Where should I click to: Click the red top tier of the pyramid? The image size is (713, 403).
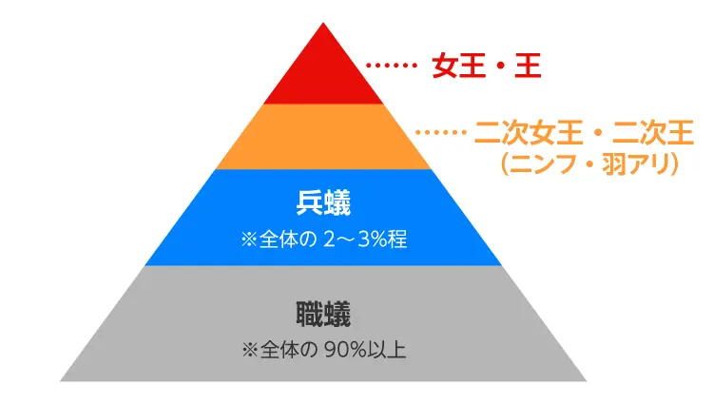tap(323, 73)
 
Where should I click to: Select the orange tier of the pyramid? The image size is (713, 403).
tap(323, 137)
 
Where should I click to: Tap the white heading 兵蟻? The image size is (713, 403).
tap(323, 202)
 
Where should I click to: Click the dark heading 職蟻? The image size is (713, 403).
tap(323, 315)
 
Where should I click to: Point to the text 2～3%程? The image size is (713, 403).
tap(365, 240)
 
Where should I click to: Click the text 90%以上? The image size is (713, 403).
tap(365, 350)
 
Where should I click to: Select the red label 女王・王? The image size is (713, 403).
tap(487, 66)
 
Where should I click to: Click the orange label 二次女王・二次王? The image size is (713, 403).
tap(584, 132)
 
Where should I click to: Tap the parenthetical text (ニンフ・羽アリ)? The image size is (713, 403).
tap(589, 164)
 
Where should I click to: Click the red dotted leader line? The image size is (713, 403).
tap(392, 66)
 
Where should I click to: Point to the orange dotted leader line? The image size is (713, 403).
tap(441, 132)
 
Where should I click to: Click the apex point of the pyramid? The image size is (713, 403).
tap(323, 22)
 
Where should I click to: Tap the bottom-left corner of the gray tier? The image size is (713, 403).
tap(61, 381)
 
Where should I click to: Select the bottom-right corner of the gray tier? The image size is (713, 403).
tap(587, 381)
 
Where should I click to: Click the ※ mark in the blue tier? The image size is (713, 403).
tap(249, 240)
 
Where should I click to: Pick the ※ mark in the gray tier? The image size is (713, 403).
tap(250, 351)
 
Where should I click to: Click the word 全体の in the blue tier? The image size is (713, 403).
tap(287, 240)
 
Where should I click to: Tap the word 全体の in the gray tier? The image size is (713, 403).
tap(288, 350)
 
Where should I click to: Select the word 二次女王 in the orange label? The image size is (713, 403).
tap(528, 132)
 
